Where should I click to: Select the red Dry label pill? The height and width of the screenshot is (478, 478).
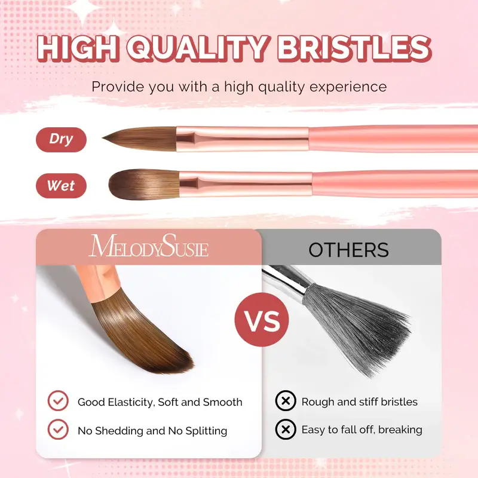[62, 140]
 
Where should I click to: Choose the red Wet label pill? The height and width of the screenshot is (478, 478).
[62, 186]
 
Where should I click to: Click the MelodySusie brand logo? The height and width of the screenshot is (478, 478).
[149, 246]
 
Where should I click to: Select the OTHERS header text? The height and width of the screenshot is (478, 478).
[348, 250]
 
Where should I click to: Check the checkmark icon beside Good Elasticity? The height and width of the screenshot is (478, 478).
[58, 402]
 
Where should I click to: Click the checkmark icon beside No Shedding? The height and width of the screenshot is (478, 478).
[58, 430]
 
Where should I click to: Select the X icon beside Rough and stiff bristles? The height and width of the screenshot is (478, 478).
[286, 402]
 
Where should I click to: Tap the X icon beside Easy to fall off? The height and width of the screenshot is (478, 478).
[286, 430]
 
